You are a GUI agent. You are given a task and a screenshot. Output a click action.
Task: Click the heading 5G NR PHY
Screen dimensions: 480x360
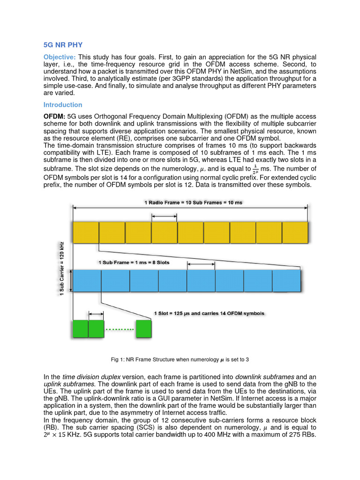63,45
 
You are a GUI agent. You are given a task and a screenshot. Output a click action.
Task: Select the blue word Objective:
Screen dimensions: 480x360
60,57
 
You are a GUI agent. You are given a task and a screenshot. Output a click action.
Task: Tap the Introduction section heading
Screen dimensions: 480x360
63,105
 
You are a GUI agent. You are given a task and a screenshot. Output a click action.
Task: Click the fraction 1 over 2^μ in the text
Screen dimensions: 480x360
255,169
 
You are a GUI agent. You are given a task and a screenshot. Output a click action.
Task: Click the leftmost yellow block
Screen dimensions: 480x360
85,232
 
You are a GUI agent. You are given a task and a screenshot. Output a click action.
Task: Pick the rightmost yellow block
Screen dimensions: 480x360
295,232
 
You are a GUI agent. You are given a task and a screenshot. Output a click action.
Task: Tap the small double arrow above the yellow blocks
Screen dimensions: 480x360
164,216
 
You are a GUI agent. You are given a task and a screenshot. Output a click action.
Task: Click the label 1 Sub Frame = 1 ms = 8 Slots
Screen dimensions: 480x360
134,262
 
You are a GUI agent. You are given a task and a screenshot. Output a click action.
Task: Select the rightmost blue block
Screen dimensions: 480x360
286,281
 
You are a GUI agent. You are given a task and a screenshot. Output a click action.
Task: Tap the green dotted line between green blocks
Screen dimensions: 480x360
120,329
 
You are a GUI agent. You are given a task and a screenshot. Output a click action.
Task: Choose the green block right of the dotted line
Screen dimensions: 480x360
143,329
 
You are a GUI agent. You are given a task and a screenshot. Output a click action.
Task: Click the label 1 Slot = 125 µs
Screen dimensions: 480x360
209,313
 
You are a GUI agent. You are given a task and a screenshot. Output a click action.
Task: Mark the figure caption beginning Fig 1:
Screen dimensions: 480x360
180,360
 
